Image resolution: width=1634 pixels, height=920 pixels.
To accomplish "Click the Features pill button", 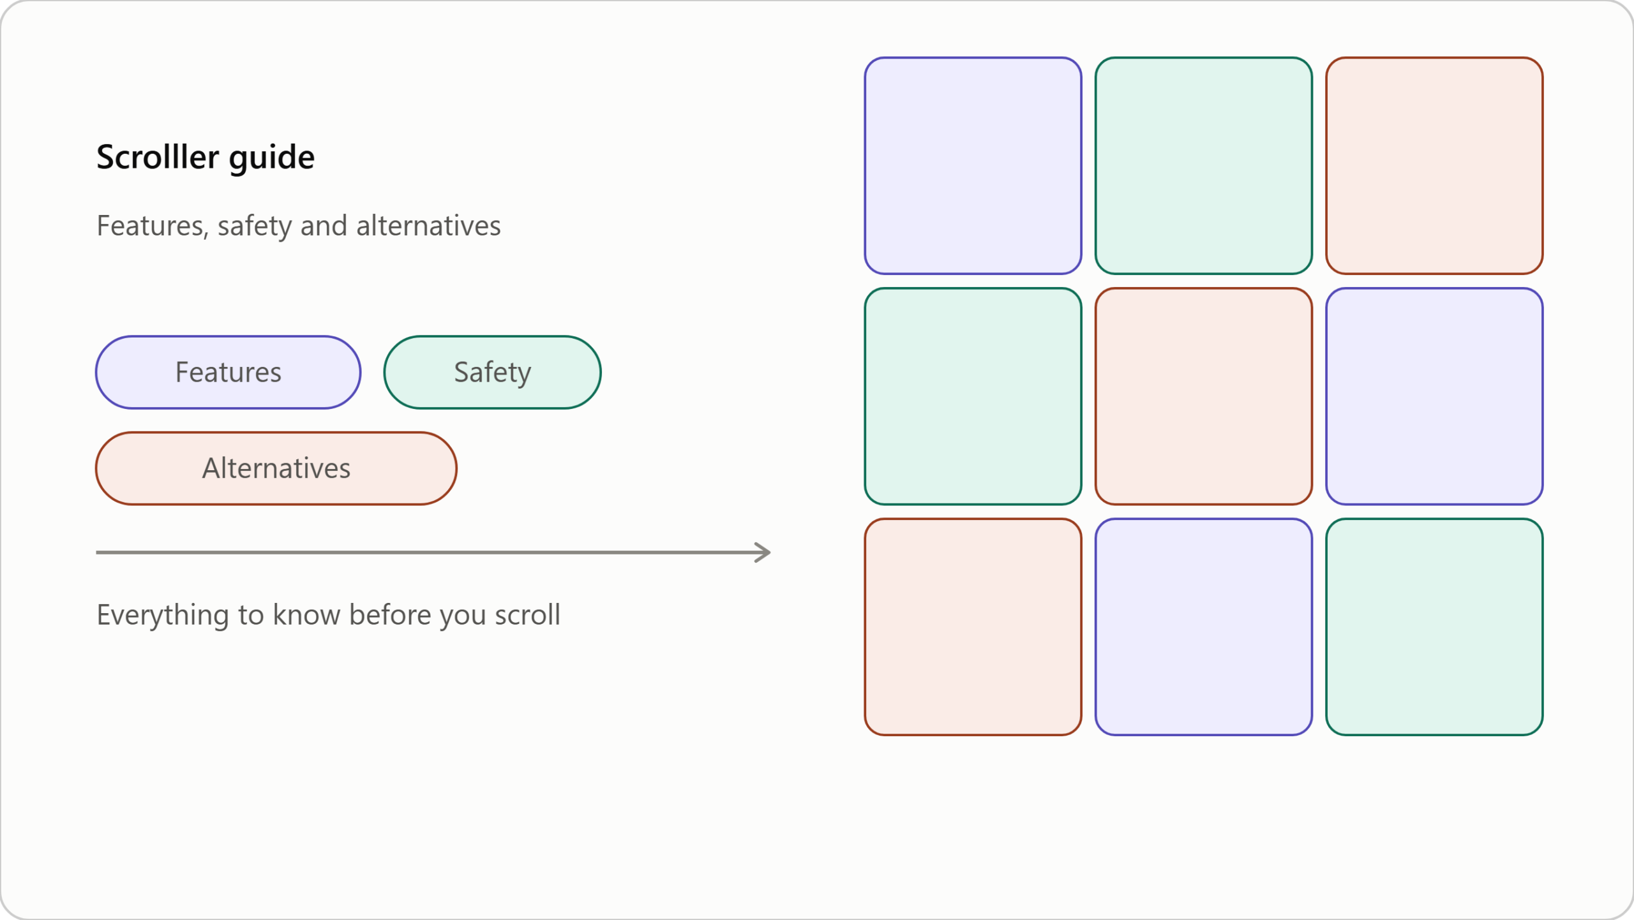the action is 228,373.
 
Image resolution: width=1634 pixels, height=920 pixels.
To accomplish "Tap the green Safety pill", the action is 492,373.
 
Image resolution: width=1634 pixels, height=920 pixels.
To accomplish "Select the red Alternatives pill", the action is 276,468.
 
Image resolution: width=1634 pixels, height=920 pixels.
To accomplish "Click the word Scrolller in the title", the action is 158,157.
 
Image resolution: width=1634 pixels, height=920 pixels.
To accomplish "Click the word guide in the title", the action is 272,158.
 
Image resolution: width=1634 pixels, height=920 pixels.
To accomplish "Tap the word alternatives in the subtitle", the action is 428,226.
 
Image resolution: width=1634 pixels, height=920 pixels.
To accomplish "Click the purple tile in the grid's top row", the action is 973,166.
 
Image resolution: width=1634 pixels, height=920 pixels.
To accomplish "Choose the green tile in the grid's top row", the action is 1204,166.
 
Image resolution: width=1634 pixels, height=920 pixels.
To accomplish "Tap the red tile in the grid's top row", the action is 1434,166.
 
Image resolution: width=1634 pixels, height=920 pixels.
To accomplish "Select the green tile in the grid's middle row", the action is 973,396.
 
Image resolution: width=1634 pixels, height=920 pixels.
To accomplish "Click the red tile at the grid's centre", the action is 1204,396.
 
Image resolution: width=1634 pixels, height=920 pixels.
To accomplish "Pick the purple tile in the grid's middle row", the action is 1434,396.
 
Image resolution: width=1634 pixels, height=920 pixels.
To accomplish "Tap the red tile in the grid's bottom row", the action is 973,627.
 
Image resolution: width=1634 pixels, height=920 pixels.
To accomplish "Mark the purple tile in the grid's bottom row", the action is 1204,627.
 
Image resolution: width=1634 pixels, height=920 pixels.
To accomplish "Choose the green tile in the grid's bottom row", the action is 1434,627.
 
